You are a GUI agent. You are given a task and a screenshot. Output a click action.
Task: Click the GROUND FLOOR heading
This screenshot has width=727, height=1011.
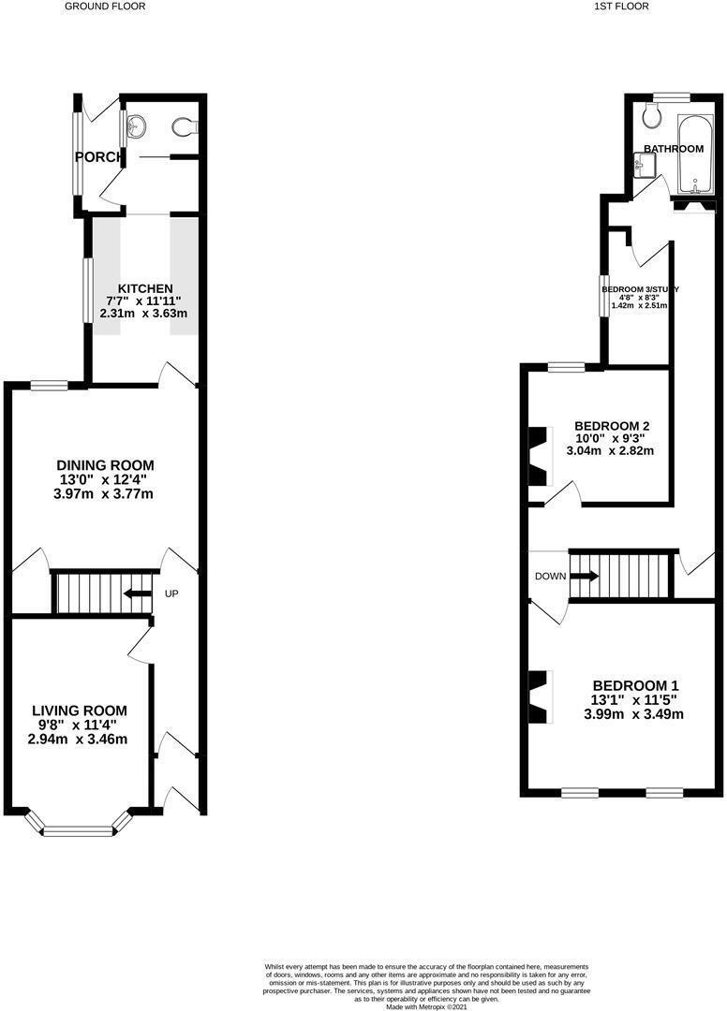tap(105, 6)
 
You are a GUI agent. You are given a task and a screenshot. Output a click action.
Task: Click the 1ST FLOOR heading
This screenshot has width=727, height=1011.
tap(621, 6)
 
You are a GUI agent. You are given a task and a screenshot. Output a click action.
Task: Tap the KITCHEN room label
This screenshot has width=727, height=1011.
tap(144, 287)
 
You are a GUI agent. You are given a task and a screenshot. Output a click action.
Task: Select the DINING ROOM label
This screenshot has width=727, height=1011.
tap(105, 465)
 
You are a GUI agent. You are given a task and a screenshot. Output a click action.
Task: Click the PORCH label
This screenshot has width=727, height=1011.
tap(97, 157)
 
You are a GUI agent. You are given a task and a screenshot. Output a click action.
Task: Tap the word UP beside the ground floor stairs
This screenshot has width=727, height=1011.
tap(172, 593)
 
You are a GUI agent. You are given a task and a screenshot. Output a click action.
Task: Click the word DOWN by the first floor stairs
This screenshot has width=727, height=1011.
tap(550, 576)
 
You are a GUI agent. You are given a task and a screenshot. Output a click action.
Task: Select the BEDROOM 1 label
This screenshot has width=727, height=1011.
tap(633, 685)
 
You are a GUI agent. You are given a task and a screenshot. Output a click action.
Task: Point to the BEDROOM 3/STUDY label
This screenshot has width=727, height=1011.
tap(640, 289)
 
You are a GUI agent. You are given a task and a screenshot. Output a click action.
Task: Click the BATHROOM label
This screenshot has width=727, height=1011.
tap(673, 149)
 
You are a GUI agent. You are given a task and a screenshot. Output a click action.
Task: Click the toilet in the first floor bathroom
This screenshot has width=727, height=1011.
tap(652, 115)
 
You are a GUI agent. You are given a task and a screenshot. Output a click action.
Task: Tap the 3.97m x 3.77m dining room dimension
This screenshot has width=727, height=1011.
tap(105, 493)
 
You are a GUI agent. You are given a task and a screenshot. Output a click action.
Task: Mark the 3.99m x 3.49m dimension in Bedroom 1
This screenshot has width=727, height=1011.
tap(633, 714)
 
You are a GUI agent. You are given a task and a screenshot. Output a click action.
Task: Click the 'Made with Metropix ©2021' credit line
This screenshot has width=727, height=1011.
tap(413, 1006)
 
